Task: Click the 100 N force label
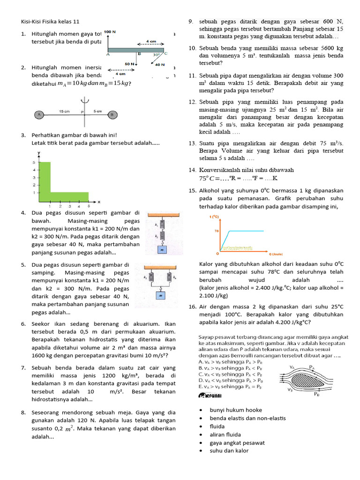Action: pyautogui.click(x=110, y=32)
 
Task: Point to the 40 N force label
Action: pyautogui.click(x=159, y=65)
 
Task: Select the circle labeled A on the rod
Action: pyautogui.click(x=39, y=114)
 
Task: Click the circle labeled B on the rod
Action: pyautogui.click(x=112, y=114)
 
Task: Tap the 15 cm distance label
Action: pyautogui.click(x=64, y=111)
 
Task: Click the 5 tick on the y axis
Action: pyautogui.click(x=33, y=162)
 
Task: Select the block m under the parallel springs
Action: pyautogui.click(x=160, y=296)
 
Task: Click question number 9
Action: pyautogui.click(x=191, y=22)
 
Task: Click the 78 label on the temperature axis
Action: pyautogui.click(x=217, y=231)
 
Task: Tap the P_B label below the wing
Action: pyautogui.click(x=317, y=394)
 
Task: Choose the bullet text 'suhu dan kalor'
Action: pyautogui.click(x=229, y=450)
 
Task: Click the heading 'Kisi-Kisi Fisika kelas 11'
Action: pyautogui.click(x=50, y=22)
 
